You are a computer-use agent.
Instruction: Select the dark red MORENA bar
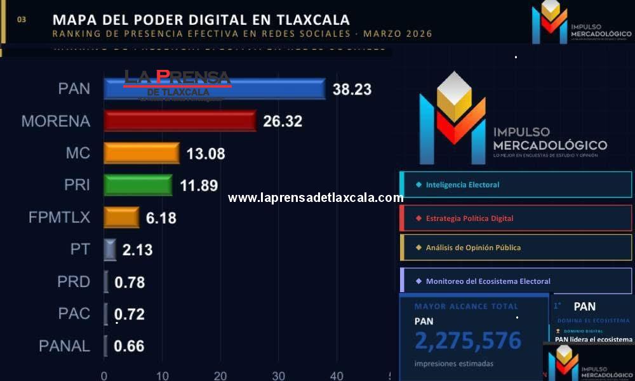coord(180,121)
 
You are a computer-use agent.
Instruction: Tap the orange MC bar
coord(142,153)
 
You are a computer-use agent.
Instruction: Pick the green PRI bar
coord(138,185)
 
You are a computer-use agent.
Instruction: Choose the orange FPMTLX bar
coord(121,217)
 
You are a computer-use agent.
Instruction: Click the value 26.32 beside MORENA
coord(283,121)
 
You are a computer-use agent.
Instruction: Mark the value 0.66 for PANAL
coord(129,346)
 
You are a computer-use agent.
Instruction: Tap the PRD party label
coord(74,281)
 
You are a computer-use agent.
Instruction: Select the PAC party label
coord(74,314)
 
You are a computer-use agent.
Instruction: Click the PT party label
coord(80,250)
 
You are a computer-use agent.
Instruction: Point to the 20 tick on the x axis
coord(220,375)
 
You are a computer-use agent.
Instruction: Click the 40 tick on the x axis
coord(337,375)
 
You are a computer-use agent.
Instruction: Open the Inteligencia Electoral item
coord(462,185)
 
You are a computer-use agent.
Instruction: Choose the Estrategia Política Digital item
coord(469,218)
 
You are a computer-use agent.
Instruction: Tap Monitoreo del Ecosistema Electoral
coord(488,281)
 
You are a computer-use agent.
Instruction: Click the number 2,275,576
coord(468,341)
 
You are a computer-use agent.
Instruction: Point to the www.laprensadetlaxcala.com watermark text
coord(316,197)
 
